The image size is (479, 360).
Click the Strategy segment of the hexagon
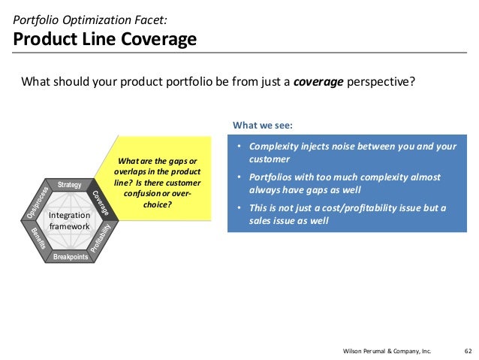pyautogui.click(x=69, y=185)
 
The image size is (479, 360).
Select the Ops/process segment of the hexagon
pyautogui.click(x=38, y=203)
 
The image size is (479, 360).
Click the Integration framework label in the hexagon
pyautogui.click(x=69, y=221)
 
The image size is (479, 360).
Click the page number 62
pyautogui.click(x=468, y=350)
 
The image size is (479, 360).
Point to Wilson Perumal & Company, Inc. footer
pyautogui.click(x=387, y=350)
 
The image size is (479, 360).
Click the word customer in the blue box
pyautogui.click(x=269, y=159)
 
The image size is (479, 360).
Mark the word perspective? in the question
pyautogui.click(x=380, y=83)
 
